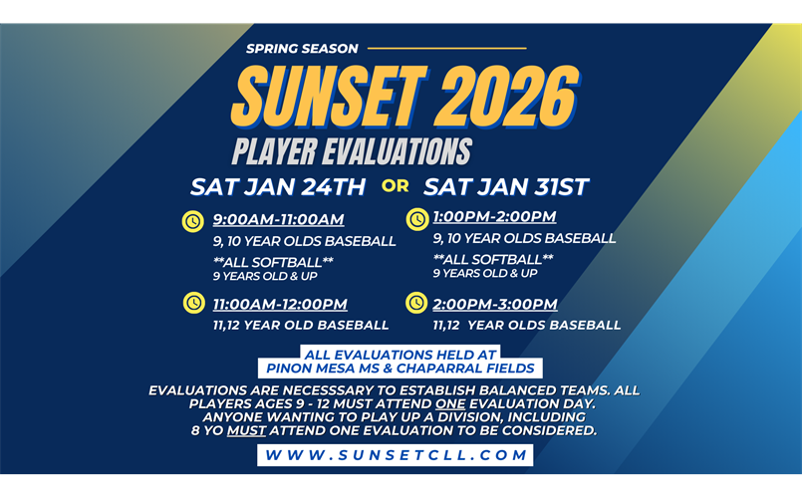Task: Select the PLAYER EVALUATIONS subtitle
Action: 351,151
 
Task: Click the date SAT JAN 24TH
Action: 279,186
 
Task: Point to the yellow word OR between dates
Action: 396,185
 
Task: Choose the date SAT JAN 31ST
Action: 506,186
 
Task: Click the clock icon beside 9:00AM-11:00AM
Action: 192,221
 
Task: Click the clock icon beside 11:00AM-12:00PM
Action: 192,303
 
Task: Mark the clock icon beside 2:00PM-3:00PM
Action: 417,303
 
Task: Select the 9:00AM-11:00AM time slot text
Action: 278,220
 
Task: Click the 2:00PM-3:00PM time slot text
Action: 495,304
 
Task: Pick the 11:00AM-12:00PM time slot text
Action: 280,304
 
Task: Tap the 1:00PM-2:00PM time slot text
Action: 494,217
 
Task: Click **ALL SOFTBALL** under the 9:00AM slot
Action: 273,261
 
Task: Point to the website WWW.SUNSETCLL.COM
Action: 395,455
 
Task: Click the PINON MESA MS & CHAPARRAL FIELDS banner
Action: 399,369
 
